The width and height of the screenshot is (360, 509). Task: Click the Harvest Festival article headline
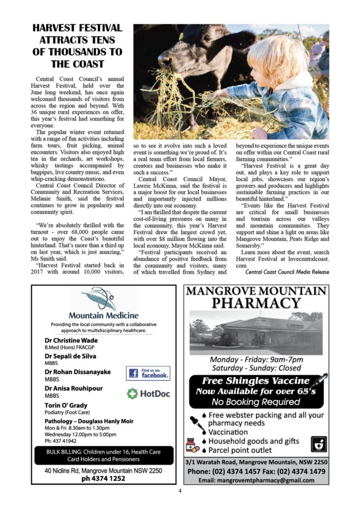click(78, 46)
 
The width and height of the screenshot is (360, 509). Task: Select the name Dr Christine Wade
click(71, 340)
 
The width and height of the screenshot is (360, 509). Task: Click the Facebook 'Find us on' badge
click(148, 373)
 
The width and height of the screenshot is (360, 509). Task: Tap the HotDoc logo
click(148, 394)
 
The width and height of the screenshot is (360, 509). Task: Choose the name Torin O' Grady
click(66, 405)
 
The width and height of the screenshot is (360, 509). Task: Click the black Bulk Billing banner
click(104, 455)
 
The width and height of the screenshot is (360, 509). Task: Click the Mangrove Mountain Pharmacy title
click(256, 297)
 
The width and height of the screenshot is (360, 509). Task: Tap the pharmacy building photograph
click(256, 333)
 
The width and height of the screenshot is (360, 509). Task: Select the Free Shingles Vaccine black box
click(256, 391)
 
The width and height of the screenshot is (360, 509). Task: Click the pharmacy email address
click(256, 480)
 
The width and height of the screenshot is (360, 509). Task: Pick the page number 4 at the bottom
click(180, 491)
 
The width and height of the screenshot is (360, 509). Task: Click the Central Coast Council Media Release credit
click(287, 272)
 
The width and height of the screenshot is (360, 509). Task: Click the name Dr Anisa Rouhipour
click(74, 388)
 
